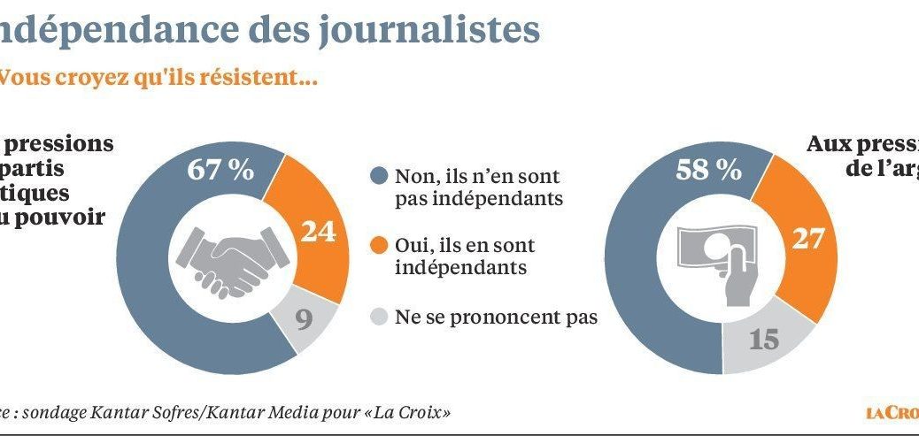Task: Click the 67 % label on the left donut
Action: [219, 170]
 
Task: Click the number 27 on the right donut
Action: [807, 240]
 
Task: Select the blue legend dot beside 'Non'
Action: [379, 177]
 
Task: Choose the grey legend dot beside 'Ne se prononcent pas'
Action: [379, 316]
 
